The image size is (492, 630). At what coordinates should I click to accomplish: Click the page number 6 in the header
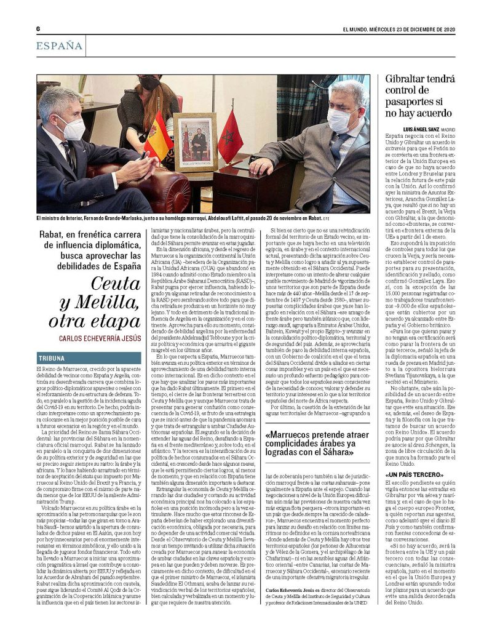click(x=38, y=29)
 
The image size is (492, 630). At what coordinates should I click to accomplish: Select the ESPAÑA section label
click(x=59, y=46)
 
